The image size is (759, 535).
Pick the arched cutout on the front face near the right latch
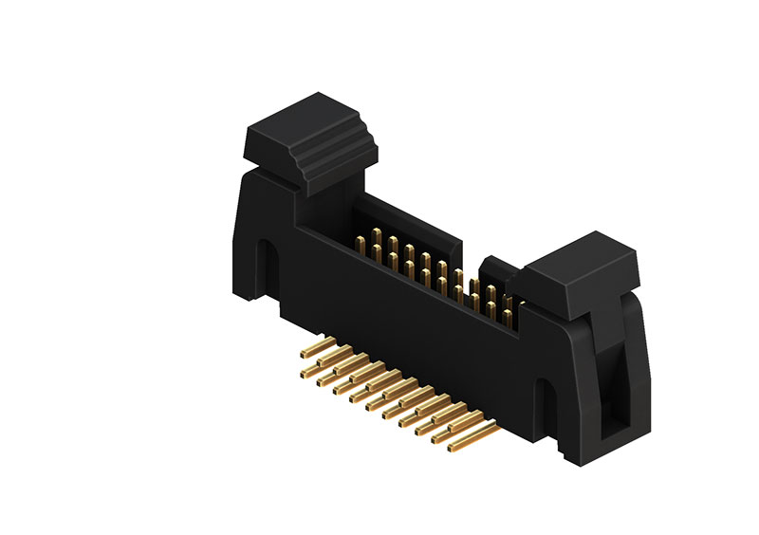[547, 402]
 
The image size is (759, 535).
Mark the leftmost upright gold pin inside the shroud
[361, 242]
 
